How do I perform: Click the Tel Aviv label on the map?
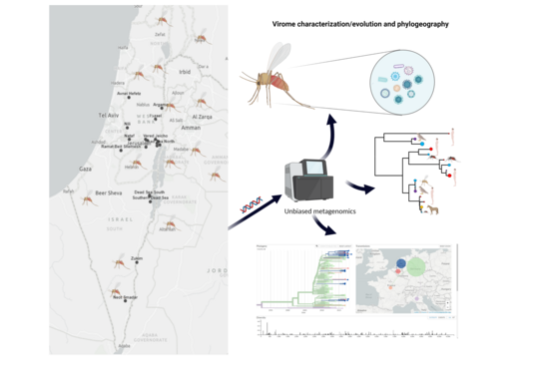[110, 116]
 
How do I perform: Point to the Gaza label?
[85, 169]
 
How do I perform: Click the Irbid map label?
[184, 72]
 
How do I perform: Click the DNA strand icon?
[250, 206]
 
